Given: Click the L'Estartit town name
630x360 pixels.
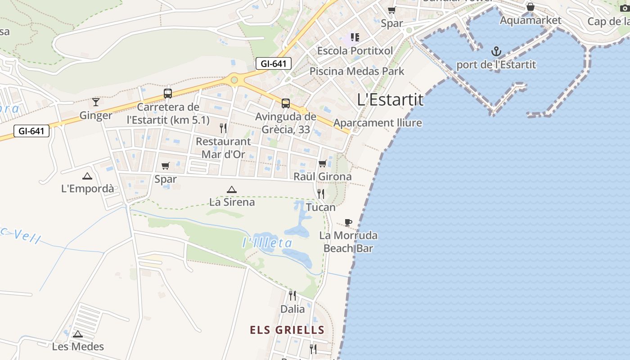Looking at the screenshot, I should pyautogui.click(x=390, y=100).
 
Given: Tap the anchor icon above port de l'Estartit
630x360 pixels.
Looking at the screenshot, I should pyautogui.click(x=496, y=51).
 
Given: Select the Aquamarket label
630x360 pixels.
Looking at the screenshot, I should pyautogui.click(x=531, y=20).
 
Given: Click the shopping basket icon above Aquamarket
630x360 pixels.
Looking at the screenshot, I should pyautogui.click(x=531, y=7).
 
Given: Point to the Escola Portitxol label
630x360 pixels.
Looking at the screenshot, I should pyautogui.click(x=355, y=50).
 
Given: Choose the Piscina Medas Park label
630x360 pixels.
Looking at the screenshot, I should pyautogui.click(x=357, y=71).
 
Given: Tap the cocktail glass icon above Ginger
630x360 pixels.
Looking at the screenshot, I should pyautogui.click(x=95, y=102).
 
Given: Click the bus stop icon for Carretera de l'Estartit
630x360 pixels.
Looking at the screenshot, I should pyautogui.click(x=168, y=94).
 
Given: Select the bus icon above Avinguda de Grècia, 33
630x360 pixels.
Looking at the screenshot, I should pyautogui.click(x=286, y=103).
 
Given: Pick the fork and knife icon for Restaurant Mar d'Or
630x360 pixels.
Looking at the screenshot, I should pyautogui.click(x=223, y=128).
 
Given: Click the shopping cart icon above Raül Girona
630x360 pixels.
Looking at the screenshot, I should pyautogui.click(x=322, y=164).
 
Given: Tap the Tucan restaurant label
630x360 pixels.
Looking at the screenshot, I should pyautogui.click(x=321, y=207).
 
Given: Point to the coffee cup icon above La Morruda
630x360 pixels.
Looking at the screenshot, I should pyautogui.click(x=348, y=222).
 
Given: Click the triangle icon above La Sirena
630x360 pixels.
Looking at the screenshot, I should pyautogui.click(x=232, y=190).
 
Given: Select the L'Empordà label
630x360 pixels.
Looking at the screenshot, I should pyautogui.click(x=88, y=189).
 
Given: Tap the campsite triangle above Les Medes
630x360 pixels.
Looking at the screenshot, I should pyautogui.click(x=78, y=334).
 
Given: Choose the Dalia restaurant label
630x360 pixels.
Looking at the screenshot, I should pyautogui.click(x=292, y=309).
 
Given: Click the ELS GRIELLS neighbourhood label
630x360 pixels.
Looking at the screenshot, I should pyautogui.click(x=287, y=330).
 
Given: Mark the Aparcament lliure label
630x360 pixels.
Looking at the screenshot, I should pyautogui.click(x=378, y=123).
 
